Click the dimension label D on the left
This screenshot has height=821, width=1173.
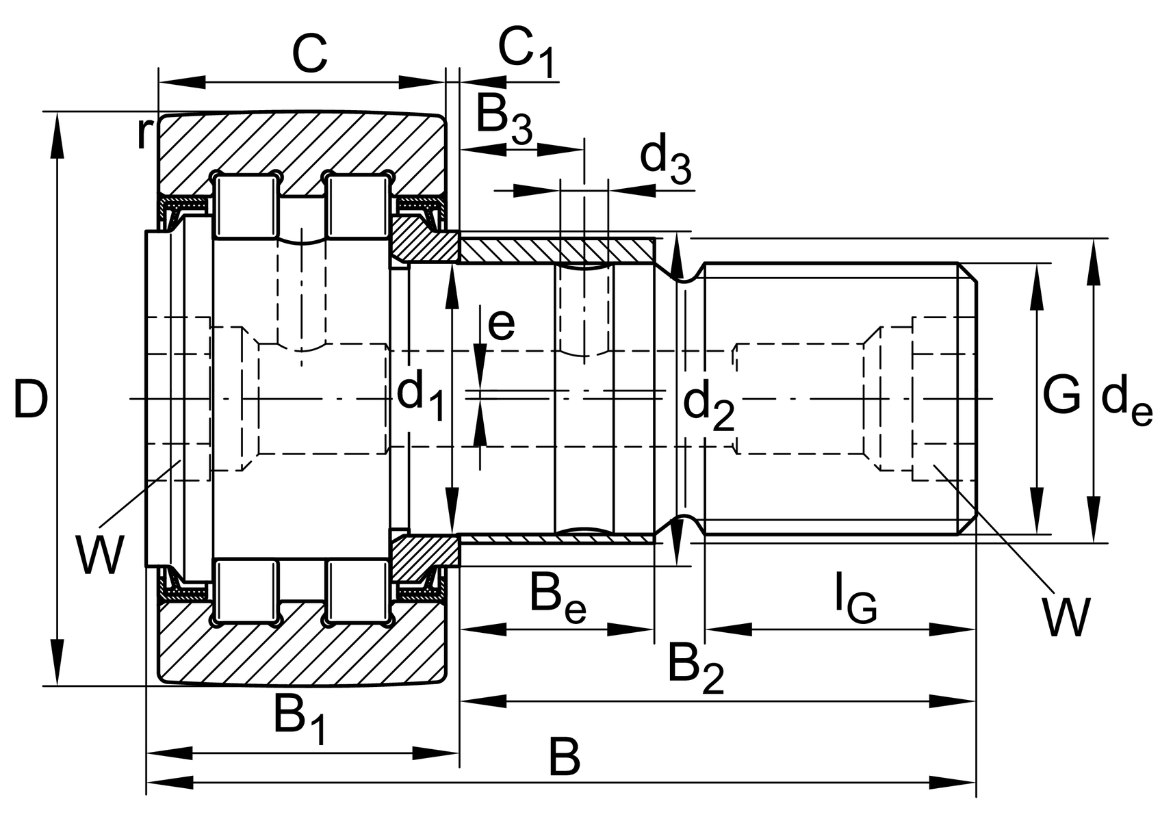31,400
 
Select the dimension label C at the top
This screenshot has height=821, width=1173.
309,55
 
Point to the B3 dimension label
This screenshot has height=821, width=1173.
503,118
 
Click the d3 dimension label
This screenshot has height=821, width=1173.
665,161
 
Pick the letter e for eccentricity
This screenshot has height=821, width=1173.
501,324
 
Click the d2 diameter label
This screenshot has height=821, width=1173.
708,406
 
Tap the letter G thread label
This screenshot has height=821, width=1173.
1061,395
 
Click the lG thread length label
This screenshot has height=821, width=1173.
855,597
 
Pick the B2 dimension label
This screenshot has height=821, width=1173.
695,667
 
